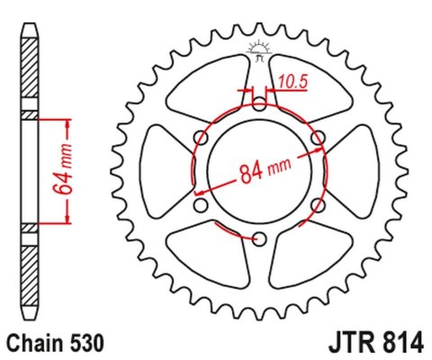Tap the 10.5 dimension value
292,82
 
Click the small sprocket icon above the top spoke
257,52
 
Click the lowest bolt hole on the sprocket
259,238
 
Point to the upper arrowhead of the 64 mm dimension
68,121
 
